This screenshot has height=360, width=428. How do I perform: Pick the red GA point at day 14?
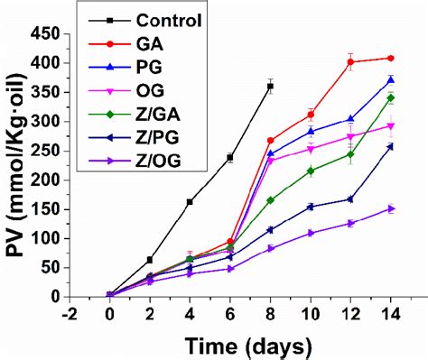click(x=390, y=58)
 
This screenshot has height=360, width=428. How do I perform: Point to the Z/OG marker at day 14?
click(x=390, y=208)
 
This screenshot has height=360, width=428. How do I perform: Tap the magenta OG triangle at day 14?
click(x=390, y=126)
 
